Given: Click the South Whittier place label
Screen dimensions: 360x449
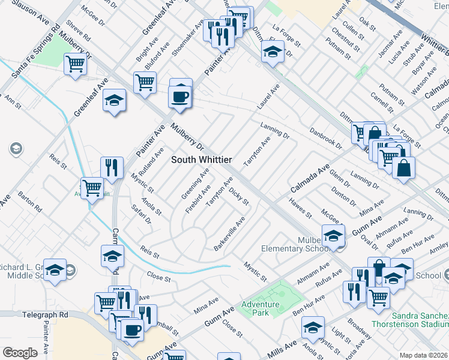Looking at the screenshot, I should click(x=201, y=159).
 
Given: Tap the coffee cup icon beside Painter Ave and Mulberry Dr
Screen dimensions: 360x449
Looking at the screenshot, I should click(x=181, y=97).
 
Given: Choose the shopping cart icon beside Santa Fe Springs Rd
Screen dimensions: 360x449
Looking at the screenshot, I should click(x=76, y=63).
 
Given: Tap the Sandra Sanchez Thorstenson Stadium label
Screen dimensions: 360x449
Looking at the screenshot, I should click(x=420, y=320).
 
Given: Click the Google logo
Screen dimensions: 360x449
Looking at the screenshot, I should click(x=20, y=353).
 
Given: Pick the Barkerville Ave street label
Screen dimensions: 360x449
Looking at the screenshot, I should click(x=230, y=234).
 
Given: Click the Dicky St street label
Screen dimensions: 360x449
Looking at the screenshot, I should click(x=239, y=196).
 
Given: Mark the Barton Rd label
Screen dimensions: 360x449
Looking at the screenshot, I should click(x=30, y=202).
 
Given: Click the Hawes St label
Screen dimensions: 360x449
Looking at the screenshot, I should click(x=301, y=208).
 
